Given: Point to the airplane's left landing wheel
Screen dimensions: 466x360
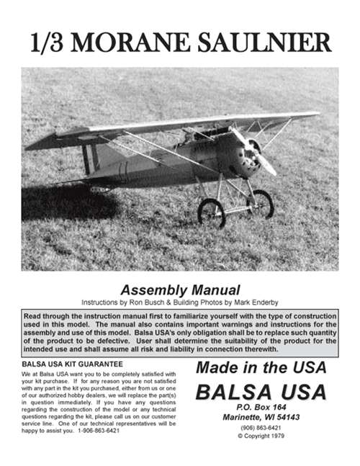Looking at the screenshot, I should point(211,213).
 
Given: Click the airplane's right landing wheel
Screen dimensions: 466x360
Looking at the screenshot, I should point(260,203).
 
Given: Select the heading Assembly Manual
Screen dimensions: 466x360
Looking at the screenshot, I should point(179,290).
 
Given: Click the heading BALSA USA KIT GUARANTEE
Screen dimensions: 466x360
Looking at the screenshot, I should point(71,364).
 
